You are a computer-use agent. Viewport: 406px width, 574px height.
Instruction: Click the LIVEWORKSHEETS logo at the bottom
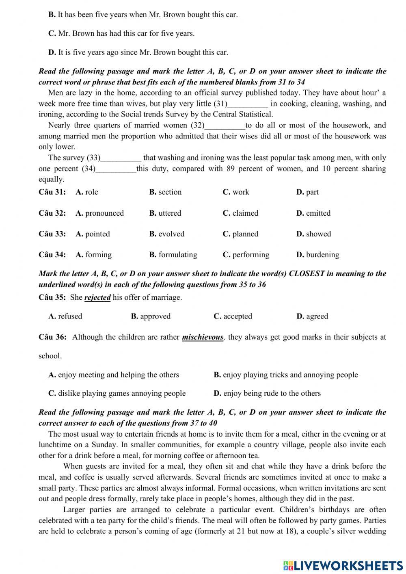[x=343, y=565]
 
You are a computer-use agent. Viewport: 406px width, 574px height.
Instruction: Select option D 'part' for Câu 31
[x=307, y=192]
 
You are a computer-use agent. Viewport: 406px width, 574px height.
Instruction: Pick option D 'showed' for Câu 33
[x=313, y=234]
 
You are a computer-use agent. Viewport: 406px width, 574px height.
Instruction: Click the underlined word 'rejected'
[x=97, y=297]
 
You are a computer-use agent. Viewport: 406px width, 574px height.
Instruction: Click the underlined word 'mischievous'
[x=203, y=337]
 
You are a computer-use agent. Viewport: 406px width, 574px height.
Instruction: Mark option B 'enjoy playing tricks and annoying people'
[x=286, y=375]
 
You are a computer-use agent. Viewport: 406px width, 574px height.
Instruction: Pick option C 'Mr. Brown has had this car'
[x=121, y=34]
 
